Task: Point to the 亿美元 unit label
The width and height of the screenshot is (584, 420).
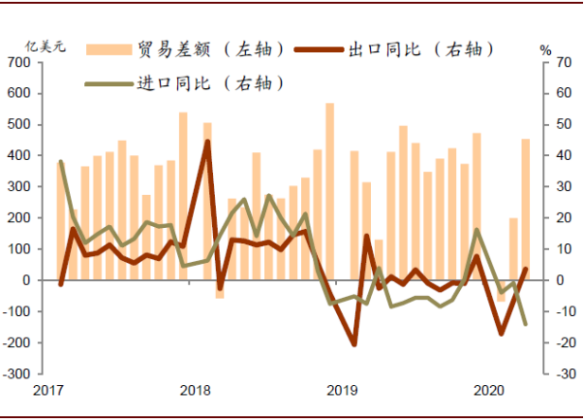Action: click(45, 46)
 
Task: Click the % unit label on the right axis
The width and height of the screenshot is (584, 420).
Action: click(544, 48)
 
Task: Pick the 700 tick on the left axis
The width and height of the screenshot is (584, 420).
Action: click(18, 62)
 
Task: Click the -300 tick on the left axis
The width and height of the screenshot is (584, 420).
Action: click(16, 374)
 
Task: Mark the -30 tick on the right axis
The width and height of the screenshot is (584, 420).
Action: click(564, 374)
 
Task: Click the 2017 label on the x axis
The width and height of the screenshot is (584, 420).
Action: click(47, 391)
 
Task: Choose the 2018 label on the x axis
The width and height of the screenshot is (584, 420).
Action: click(194, 391)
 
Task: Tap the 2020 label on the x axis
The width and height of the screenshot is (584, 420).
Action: click(487, 391)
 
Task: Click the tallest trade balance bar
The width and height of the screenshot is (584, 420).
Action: click(329, 189)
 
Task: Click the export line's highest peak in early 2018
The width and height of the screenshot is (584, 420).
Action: click(207, 142)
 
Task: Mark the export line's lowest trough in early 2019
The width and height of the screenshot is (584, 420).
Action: click(354, 344)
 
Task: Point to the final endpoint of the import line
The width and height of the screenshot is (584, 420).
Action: click(525, 324)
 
